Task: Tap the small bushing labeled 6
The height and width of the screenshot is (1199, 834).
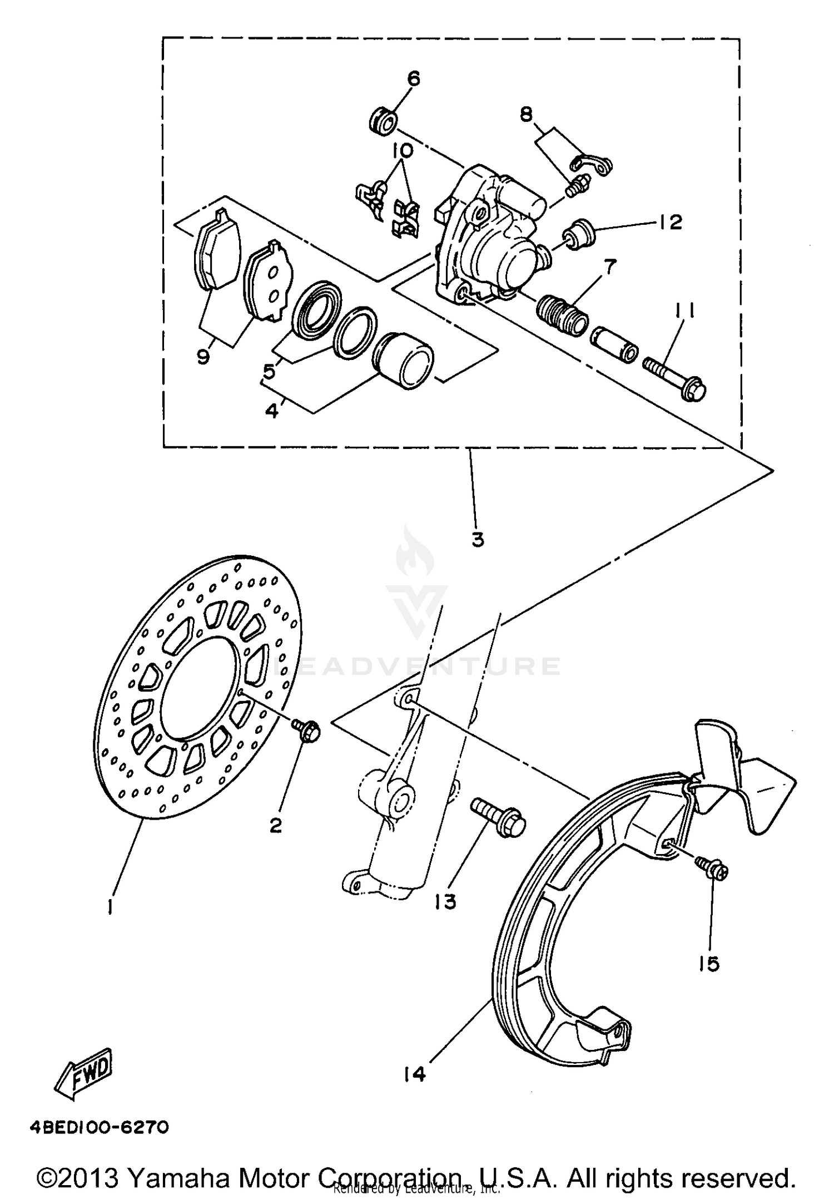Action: pyautogui.click(x=383, y=121)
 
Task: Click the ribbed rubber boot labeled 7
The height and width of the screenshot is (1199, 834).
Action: pyautogui.click(x=562, y=315)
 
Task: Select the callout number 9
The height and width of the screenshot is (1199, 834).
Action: pyautogui.click(x=203, y=356)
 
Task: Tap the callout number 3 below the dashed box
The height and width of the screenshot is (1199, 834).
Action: pyautogui.click(x=477, y=539)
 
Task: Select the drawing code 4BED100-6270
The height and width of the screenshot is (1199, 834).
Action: pyautogui.click(x=98, y=1128)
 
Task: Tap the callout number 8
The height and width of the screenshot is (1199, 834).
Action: pyautogui.click(x=525, y=115)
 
